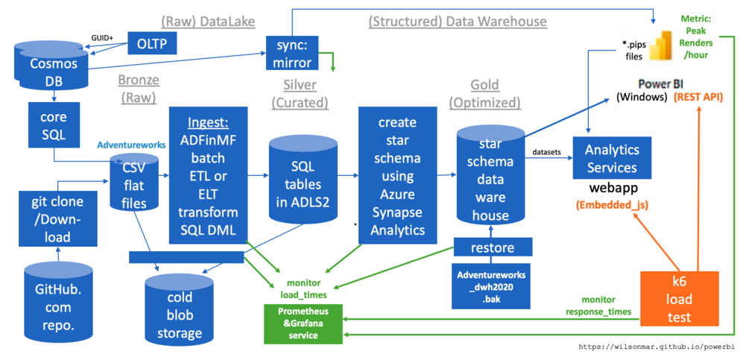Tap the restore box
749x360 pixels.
click(493, 247)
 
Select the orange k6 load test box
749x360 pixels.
click(679, 297)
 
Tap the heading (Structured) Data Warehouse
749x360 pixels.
click(458, 22)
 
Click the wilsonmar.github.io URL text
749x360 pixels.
click(657, 347)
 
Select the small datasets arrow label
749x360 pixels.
click(546, 153)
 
